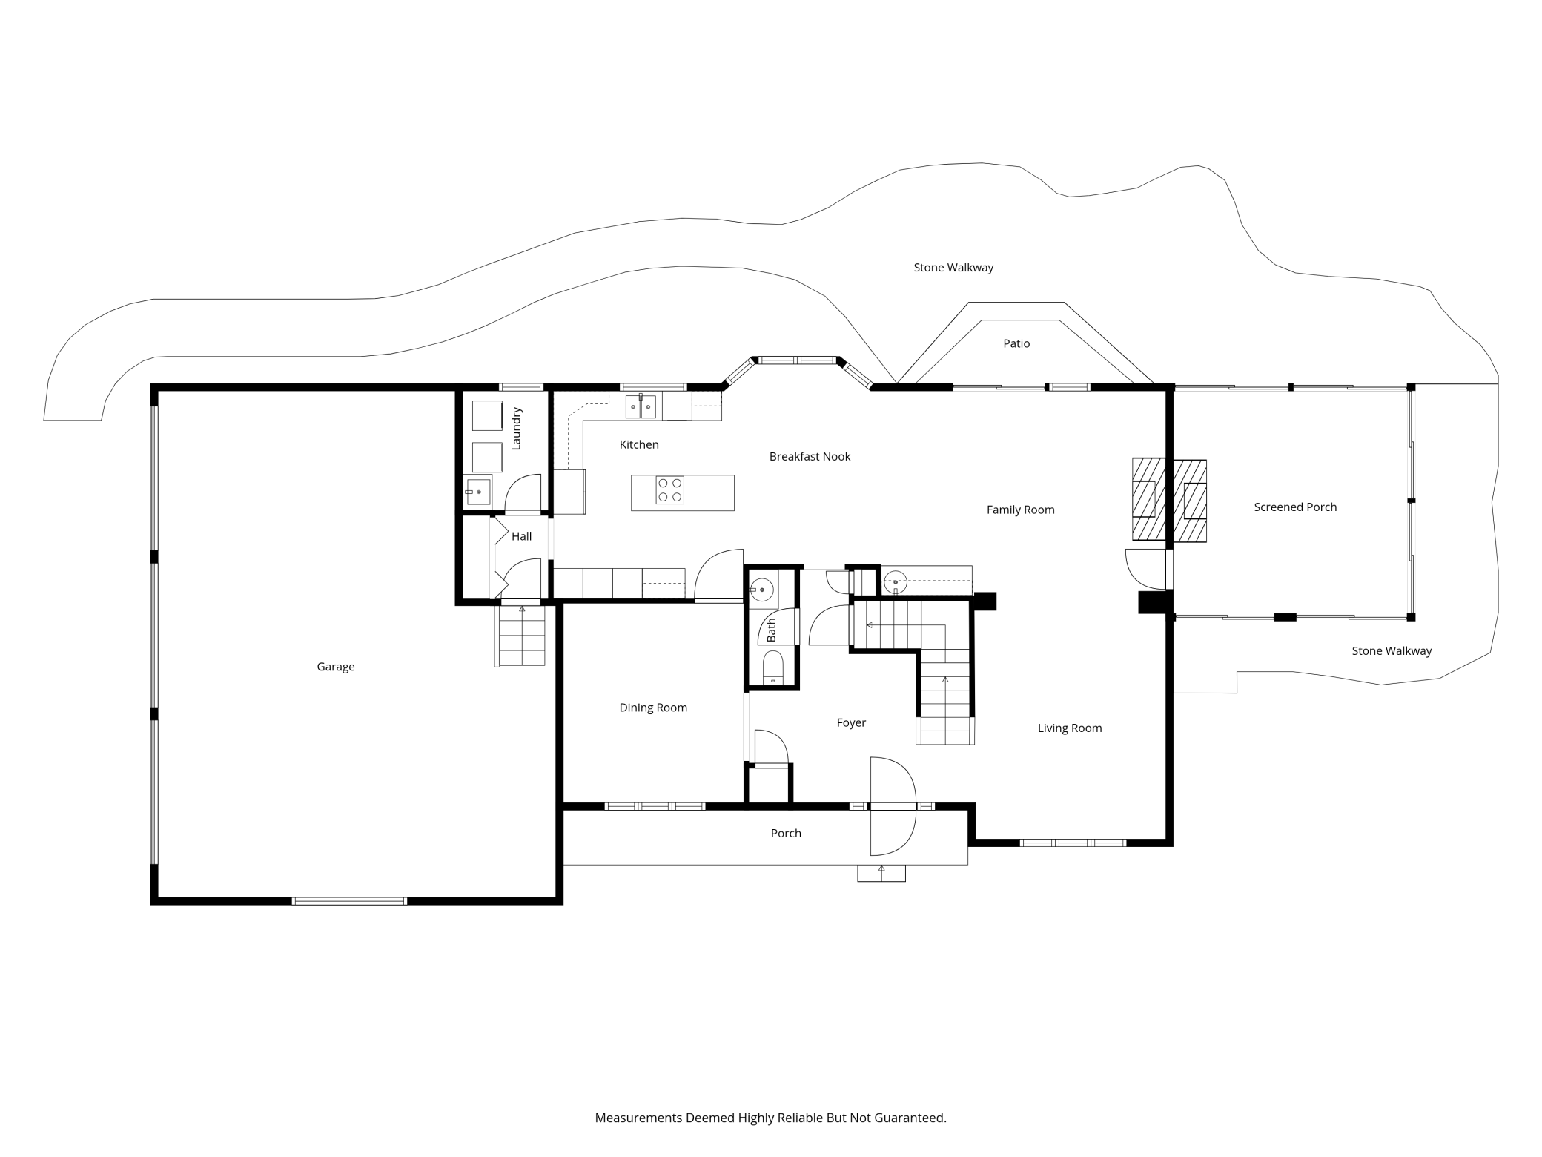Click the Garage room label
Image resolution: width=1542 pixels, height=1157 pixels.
pos(336,667)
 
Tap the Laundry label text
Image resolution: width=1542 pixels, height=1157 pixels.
pos(517,428)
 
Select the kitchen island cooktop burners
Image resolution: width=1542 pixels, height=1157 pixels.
pos(669,490)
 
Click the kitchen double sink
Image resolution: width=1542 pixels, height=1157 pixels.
pos(641,406)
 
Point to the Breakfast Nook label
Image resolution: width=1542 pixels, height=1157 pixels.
pos(810,457)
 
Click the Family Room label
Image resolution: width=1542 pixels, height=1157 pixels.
pos(1020,510)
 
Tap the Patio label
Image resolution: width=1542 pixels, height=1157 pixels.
pos(1016,344)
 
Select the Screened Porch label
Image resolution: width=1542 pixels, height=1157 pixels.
pos(1295,507)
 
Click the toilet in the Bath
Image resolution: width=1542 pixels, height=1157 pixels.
pos(772,667)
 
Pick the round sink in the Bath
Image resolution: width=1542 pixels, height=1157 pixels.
pos(761,590)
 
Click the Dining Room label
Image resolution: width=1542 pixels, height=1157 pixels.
pos(653,708)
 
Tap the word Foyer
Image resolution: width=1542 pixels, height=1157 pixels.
pos(851,723)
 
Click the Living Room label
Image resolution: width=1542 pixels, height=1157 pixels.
pos(1069,728)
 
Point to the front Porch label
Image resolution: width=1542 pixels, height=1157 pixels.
pos(786,834)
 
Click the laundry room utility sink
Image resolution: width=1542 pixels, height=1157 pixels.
pos(478,492)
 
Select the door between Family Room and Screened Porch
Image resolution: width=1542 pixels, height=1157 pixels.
pos(1146,568)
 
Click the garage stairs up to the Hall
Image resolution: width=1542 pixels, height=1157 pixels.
pos(521,636)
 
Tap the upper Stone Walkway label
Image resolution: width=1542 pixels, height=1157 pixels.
pos(953,268)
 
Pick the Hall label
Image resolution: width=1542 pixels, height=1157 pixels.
pos(521,537)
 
